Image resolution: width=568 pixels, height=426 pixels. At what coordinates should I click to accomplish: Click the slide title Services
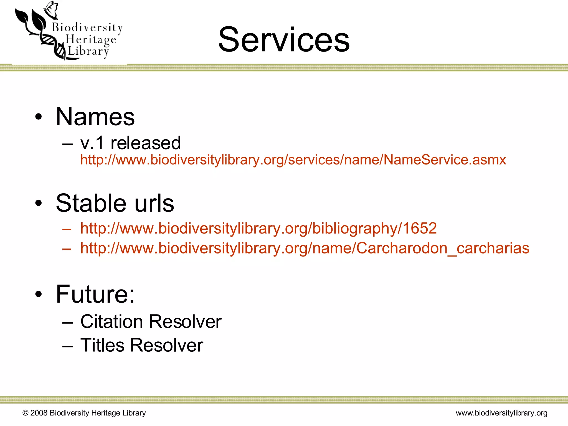(284, 39)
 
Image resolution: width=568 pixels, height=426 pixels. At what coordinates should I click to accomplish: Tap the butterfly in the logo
(52, 9)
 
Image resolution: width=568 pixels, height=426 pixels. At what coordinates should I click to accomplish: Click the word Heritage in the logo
(91, 40)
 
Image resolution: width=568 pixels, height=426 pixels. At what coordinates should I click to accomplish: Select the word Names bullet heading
(95, 117)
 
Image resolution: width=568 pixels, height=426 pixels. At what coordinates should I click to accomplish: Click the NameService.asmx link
(293, 160)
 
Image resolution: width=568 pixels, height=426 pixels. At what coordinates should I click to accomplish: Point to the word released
(146, 143)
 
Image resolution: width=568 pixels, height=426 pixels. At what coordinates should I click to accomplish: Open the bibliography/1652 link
(258, 228)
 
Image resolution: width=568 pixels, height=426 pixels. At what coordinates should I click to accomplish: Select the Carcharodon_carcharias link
(305, 248)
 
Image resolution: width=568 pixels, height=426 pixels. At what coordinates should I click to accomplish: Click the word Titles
(102, 345)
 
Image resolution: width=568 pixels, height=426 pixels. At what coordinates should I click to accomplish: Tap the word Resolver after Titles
(166, 345)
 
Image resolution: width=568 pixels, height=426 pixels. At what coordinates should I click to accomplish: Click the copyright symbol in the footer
(26, 413)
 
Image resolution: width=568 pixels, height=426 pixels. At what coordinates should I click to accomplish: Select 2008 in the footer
(39, 413)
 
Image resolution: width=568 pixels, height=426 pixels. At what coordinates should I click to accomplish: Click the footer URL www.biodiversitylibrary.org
(501, 413)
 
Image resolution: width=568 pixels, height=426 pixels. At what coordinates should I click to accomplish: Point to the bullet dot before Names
(39, 117)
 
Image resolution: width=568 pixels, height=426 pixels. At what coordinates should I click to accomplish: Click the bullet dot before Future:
(39, 294)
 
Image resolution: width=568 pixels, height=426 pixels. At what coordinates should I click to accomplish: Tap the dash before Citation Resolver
(68, 322)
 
